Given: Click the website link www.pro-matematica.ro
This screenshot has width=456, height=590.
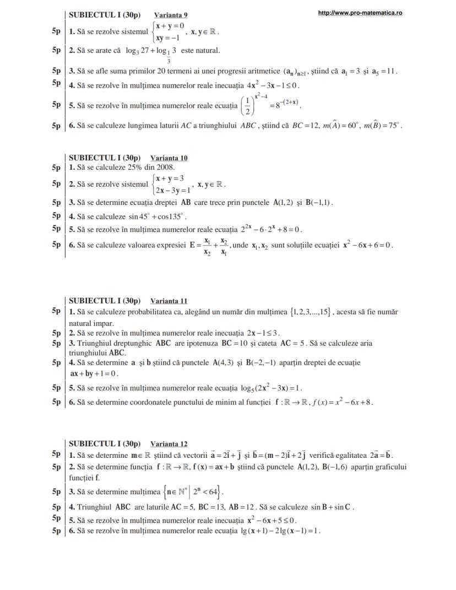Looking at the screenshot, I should [x=360, y=13].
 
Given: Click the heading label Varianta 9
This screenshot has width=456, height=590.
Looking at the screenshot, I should [x=171, y=15].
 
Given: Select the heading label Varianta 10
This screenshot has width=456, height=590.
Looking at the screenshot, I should [x=169, y=158].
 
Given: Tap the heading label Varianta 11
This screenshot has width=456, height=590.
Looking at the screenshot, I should [x=169, y=301].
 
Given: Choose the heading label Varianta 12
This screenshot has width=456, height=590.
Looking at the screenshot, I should [x=169, y=443].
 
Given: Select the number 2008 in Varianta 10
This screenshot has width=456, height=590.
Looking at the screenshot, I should [x=166, y=167].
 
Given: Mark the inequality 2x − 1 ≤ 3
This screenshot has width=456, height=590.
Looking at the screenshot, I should [x=263, y=333].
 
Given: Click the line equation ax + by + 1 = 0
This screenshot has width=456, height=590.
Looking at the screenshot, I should [x=94, y=374].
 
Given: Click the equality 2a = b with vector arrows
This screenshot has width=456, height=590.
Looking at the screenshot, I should [x=379, y=455].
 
